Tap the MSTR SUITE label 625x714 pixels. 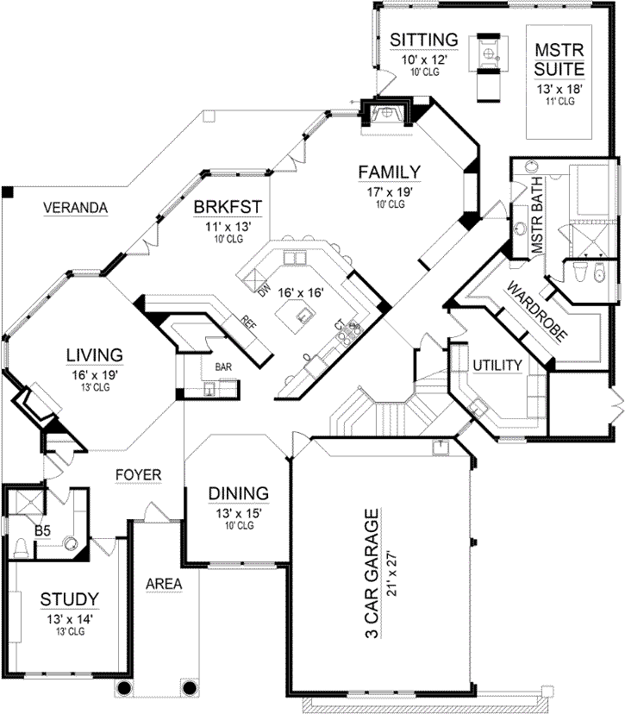click(x=559, y=58)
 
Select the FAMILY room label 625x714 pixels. click(x=390, y=171)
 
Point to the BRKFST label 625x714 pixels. click(x=228, y=207)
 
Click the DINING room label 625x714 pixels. click(x=239, y=493)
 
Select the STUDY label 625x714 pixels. click(x=69, y=598)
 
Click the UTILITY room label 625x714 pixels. click(x=497, y=366)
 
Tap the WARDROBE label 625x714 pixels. click(x=536, y=311)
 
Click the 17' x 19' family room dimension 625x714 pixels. click(x=390, y=191)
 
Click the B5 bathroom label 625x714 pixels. click(x=41, y=520)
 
